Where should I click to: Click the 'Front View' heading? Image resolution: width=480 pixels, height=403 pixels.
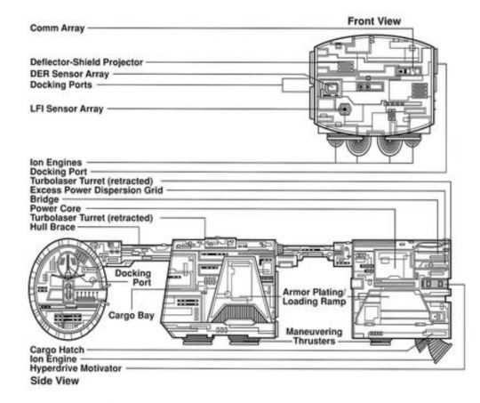[x=374, y=21]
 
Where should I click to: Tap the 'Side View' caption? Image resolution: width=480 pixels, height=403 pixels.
[x=55, y=381]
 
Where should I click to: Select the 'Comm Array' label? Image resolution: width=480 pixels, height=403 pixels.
[x=57, y=28]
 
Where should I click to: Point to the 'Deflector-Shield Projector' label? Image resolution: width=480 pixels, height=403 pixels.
[x=86, y=62]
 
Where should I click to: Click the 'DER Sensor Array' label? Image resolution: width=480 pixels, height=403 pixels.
[x=69, y=74]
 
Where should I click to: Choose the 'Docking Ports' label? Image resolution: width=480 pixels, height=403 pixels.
[x=61, y=85]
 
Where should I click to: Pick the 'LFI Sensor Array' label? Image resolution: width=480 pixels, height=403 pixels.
[x=67, y=109]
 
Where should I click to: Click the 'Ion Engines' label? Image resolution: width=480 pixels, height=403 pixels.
[x=56, y=162]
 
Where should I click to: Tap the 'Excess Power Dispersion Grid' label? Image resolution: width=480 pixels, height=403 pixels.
[x=96, y=190]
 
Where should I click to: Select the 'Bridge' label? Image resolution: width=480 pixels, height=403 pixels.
[x=44, y=199]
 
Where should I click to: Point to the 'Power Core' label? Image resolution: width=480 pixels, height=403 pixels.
[x=55, y=208]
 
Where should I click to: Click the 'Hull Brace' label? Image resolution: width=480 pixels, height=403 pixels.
[x=52, y=227]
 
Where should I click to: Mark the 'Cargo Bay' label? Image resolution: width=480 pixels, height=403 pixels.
[x=131, y=315]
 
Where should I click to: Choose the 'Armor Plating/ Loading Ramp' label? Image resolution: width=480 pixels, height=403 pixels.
[x=314, y=296]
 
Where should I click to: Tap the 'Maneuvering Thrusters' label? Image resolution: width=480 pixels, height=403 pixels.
[x=314, y=336]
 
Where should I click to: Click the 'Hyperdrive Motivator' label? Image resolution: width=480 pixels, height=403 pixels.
[x=76, y=368]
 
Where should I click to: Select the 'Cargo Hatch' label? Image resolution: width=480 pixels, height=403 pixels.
[x=57, y=350]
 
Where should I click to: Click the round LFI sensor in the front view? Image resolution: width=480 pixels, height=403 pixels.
[x=345, y=109]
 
